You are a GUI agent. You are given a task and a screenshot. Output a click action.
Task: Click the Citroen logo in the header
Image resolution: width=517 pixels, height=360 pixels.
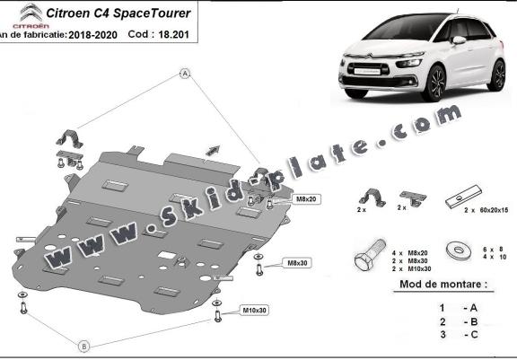[x=31, y=15]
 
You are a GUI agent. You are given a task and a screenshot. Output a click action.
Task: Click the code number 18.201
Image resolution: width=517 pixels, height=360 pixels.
[x=174, y=35]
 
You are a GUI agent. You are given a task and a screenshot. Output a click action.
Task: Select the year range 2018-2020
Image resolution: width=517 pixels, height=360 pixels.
[x=92, y=35]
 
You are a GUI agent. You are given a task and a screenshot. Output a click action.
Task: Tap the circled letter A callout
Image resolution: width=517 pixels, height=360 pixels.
[x=185, y=74]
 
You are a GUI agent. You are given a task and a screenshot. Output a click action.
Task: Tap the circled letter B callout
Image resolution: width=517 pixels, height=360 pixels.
[x=84, y=347]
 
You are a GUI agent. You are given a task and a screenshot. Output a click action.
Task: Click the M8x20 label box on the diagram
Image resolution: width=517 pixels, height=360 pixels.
[x=306, y=199]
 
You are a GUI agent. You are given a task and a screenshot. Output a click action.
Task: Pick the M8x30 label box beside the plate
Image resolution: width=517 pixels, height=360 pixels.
[x=297, y=263]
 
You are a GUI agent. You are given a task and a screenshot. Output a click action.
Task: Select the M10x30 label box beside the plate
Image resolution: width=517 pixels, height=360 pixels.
[x=254, y=311]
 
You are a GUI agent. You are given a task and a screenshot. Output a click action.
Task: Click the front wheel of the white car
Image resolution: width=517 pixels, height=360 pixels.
[x=434, y=83]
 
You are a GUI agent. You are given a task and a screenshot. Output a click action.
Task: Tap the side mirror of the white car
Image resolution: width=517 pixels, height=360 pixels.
[x=459, y=40]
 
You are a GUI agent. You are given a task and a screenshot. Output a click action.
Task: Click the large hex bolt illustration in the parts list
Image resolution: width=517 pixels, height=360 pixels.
[x=370, y=256]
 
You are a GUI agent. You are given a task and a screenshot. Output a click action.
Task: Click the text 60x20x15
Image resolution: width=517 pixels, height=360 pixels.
[x=494, y=210]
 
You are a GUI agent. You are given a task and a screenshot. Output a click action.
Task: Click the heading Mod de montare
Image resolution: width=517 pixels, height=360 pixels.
[x=443, y=285]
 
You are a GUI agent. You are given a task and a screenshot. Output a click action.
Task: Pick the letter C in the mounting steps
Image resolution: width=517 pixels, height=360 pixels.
[x=474, y=335]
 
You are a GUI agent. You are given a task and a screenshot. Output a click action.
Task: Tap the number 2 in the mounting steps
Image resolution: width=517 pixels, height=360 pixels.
[x=443, y=321]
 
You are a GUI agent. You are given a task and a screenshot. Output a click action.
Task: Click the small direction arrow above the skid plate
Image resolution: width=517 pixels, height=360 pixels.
[x=213, y=150]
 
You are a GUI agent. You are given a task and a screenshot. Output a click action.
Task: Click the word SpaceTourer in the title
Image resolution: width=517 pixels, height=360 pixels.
[x=152, y=13]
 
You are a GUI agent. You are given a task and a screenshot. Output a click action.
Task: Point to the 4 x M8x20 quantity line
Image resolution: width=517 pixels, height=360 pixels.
[x=410, y=253]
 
